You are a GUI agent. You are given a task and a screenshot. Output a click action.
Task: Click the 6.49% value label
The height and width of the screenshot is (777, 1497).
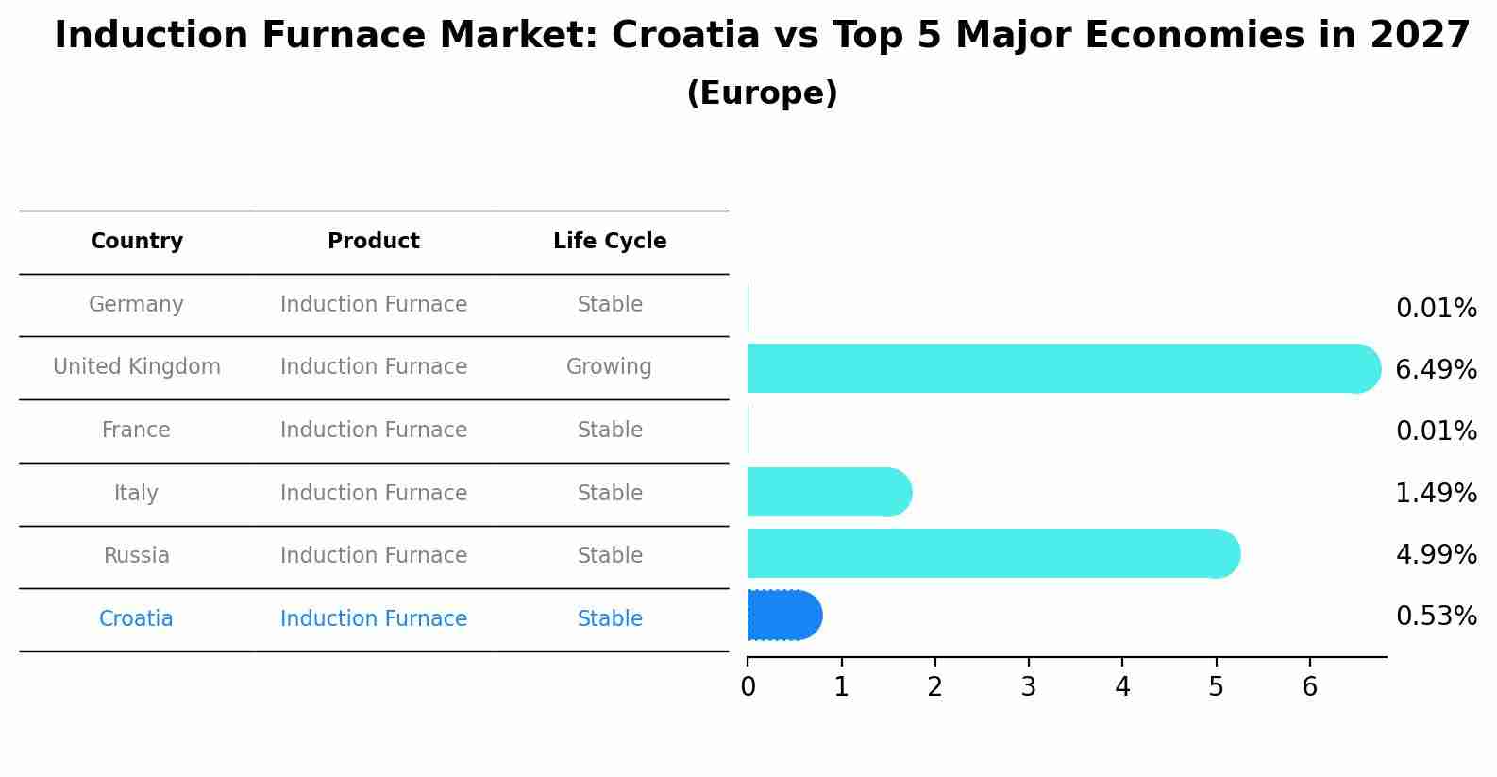[x=1436, y=369]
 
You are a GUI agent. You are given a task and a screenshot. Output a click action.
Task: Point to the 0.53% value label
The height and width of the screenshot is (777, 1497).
[x=1436, y=617]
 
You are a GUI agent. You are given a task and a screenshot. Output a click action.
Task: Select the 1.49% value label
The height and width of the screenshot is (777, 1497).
[x=1436, y=493]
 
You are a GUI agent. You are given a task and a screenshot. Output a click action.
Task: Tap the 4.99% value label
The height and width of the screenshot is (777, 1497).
[x=1436, y=554]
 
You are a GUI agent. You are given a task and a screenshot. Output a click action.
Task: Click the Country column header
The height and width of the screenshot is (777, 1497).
[x=137, y=242]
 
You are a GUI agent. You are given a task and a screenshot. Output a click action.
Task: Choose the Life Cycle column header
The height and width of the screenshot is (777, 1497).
[x=610, y=242]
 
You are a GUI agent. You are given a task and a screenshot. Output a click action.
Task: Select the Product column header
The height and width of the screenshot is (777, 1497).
[x=374, y=242]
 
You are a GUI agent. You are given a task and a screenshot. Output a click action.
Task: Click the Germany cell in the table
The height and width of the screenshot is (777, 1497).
[x=136, y=305]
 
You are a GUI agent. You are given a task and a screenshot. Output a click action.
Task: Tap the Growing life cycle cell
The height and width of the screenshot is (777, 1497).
[x=609, y=367]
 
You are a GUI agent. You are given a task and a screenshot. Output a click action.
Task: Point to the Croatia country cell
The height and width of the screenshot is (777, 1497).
[x=136, y=619]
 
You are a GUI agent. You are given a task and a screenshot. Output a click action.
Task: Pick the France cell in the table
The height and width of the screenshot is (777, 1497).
[x=136, y=431]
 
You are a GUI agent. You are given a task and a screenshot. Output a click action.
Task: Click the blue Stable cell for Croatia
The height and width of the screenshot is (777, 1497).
[x=610, y=619]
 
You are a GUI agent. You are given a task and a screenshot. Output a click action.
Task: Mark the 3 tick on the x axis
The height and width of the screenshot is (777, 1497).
[x=1029, y=686]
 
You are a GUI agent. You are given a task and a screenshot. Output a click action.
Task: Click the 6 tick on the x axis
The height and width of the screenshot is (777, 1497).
[x=1309, y=686]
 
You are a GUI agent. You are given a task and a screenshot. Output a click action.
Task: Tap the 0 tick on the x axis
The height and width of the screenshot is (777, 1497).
[x=748, y=686]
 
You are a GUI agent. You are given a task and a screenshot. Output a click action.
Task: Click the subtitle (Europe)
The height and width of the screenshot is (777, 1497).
[x=762, y=93]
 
